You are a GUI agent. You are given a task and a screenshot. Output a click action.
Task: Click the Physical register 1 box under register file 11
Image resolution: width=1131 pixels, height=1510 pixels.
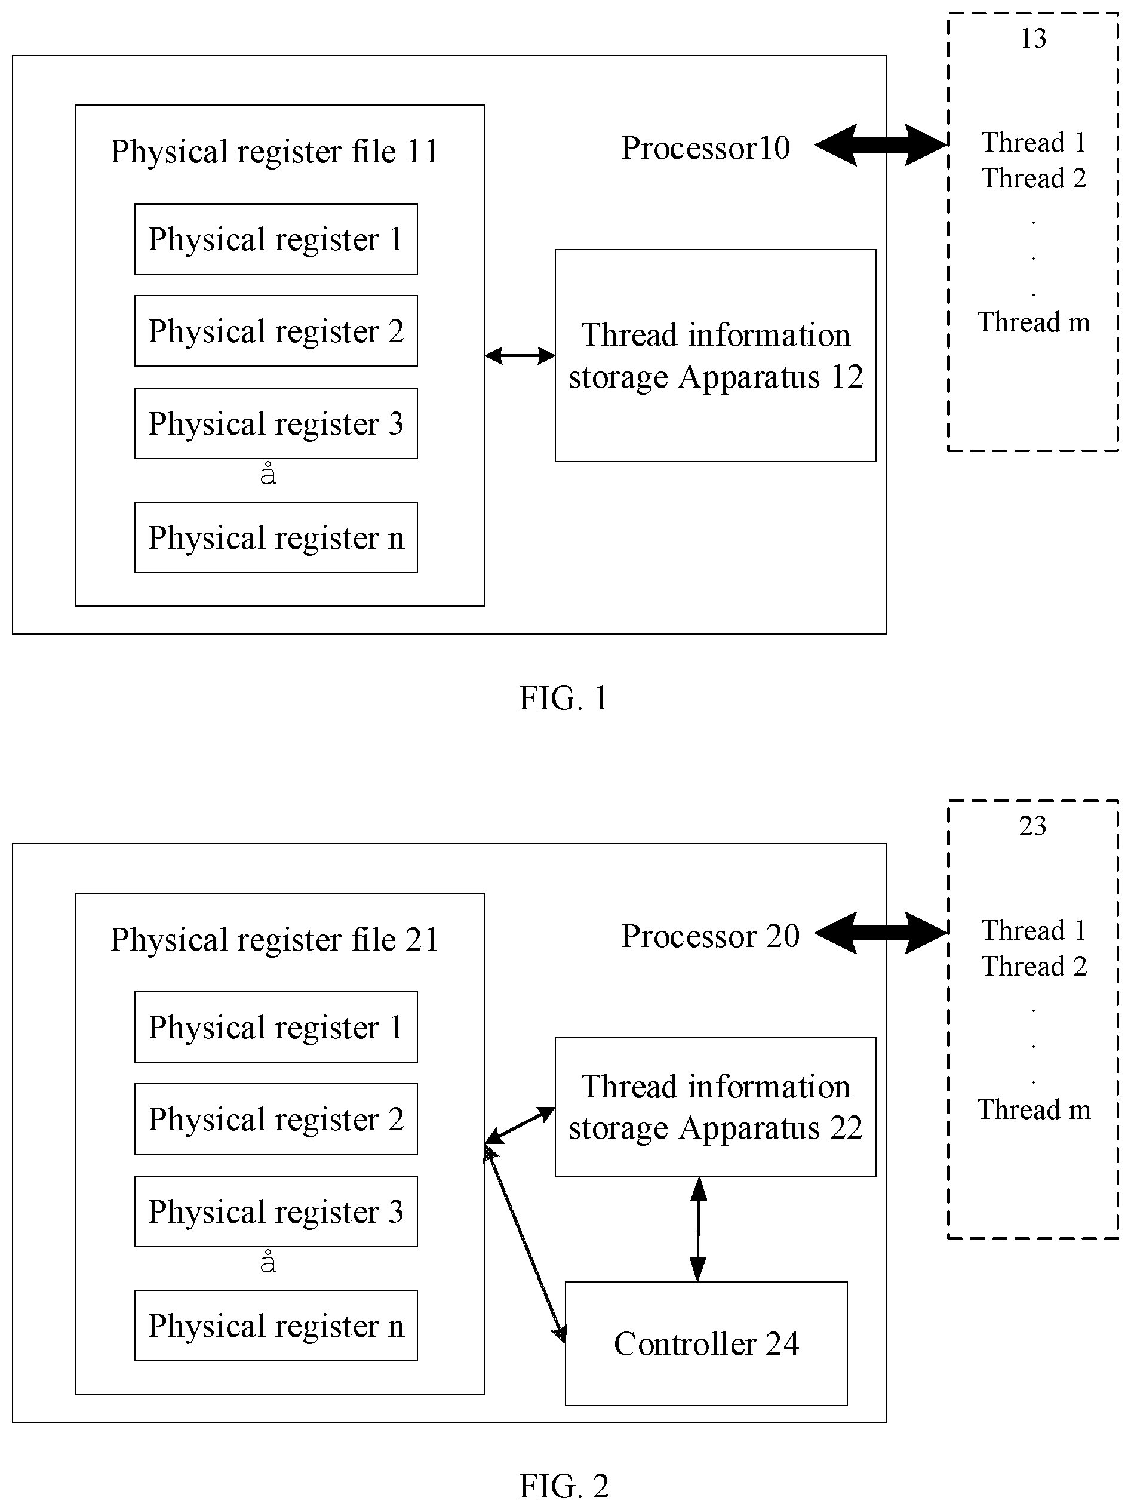click(276, 239)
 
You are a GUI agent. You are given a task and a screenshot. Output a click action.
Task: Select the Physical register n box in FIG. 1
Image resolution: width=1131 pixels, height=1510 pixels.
click(276, 537)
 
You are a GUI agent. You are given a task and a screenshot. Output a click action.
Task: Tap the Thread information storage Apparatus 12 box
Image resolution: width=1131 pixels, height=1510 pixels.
click(715, 356)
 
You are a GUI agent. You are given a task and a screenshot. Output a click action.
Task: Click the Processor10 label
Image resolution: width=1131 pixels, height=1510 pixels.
click(706, 148)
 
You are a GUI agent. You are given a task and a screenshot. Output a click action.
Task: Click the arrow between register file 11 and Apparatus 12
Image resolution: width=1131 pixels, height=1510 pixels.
click(520, 355)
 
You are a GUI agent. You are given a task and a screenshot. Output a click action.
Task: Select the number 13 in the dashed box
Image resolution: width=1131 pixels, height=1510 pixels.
click(1032, 38)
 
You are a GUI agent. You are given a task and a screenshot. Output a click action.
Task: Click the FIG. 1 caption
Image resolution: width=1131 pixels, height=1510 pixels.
click(564, 697)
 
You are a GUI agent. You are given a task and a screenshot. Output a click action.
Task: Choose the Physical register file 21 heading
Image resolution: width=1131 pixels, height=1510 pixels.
click(274, 939)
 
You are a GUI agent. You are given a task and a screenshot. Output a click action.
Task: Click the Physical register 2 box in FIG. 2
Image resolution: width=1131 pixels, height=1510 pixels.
click(276, 1119)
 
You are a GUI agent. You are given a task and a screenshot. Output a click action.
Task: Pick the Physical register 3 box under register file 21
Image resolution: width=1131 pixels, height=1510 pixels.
click(276, 1211)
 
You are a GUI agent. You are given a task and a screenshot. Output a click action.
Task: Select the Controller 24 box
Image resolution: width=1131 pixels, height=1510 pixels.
click(706, 1343)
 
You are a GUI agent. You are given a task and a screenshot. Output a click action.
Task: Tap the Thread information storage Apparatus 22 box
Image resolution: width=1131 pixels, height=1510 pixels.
click(715, 1107)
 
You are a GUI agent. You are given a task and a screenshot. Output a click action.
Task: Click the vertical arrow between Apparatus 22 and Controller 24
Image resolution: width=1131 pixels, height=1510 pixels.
click(698, 1229)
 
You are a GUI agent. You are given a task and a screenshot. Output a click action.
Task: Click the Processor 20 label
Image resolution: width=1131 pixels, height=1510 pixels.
click(711, 936)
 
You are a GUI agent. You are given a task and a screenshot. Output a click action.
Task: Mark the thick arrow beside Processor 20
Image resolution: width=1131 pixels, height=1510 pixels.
click(881, 933)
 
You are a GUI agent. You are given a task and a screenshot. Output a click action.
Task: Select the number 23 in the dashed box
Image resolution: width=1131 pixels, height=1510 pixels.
click(1032, 826)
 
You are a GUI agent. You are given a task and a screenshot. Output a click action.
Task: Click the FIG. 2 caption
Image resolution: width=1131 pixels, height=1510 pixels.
click(564, 1486)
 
